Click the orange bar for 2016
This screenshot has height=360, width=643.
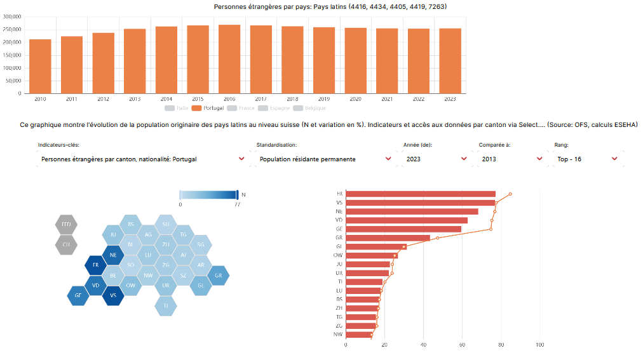[x=229, y=59]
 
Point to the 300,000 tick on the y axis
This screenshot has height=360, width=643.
[x=12, y=17]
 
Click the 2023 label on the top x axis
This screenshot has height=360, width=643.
[x=450, y=99]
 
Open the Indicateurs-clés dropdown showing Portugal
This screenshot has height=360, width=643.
[x=142, y=159]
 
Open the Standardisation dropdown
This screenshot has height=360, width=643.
[x=325, y=159]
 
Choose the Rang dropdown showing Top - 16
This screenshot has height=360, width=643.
[x=586, y=159]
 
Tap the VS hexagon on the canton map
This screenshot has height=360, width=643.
[x=113, y=295]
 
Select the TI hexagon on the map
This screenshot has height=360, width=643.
[x=166, y=305]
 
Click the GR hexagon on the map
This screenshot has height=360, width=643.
[x=218, y=276]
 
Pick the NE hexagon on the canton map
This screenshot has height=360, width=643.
[x=113, y=255]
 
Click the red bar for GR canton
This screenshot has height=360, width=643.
[x=388, y=238]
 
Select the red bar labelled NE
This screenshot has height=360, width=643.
[x=412, y=211]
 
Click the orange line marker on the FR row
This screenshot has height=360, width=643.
[x=510, y=194]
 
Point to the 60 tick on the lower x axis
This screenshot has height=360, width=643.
[x=463, y=345]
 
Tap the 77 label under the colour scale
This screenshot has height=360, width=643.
[x=237, y=204]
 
